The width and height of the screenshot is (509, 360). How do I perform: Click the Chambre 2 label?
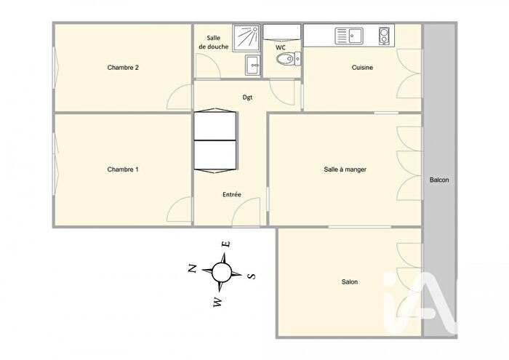pyautogui.click(x=123, y=68)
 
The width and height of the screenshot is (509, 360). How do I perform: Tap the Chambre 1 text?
pyautogui.click(x=123, y=169)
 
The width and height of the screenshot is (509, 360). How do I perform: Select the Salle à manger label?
pyautogui.click(x=345, y=169)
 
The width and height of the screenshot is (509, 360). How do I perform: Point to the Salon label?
pyautogui.click(x=349, y=282)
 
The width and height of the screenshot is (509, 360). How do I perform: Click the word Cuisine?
pyautogui.click(x=362, y=68)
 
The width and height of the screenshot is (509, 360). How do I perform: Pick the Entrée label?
pyautogui.click(x=232, y=195)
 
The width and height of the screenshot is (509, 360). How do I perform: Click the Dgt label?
pyautogui.click(x=247, y=97)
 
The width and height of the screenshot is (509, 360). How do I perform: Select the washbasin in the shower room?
pyautogui.click(x=252, y=65)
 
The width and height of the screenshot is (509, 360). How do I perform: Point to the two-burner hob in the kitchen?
pyautogui.click(x=385, y=34)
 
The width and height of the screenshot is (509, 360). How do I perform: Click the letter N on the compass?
pyautogui.click(x=193, y=269)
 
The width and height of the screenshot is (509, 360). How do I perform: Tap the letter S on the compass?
pyautogui.click(x=251, y=276)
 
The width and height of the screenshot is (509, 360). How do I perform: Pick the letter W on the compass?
pyautogui.click(x=217, y=302)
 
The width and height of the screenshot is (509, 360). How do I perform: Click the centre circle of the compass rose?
pyautogui.click(x=222, y=273)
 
